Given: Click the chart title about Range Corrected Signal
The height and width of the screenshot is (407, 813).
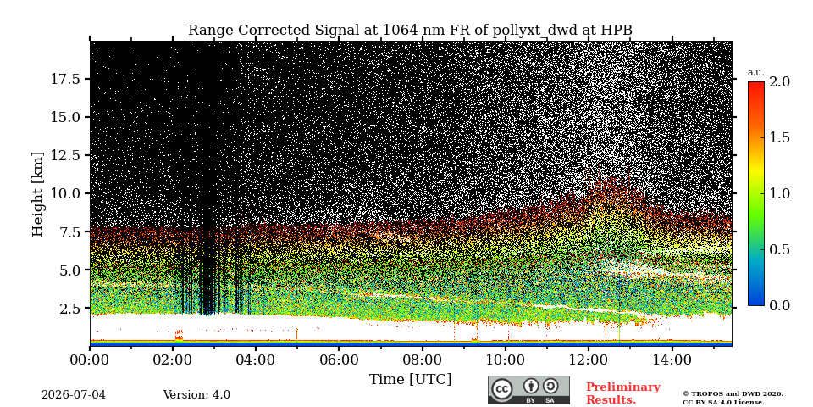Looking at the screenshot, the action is pyautogui.click(x=410, y=31).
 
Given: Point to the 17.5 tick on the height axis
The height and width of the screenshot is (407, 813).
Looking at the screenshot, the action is pyautogui.click(x=65, y=79).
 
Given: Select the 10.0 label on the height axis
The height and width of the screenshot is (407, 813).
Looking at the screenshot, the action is pyautogui.click(x=65, y=193).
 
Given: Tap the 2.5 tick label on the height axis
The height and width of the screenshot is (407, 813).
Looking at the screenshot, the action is pyautogui.click(x=69, y=309).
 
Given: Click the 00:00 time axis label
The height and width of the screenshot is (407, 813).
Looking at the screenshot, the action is pyautogui.click(x=90, y=360).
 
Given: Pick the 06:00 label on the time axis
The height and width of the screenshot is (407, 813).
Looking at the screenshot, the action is pyautogui.click(x=339, y=360).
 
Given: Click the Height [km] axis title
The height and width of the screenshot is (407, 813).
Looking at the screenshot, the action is pyautogui.click(x=38, y=194).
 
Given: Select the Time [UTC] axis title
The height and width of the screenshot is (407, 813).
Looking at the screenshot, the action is pyautogui.click(x=410, y=380).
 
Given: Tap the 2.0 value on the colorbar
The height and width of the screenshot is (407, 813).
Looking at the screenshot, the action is pyautogui.click(x=779, y=81).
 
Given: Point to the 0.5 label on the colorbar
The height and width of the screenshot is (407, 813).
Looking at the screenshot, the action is pyautogui.click(x=779, y=249).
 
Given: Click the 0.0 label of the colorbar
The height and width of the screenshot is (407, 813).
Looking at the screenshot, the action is pyautogui.click(x=779, y=306).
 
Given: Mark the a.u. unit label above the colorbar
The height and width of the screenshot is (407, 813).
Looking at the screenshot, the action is pyautogui.click(x=756, y=73).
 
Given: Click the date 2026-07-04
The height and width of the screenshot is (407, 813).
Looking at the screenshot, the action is pyautogui.click(x=74, y=395).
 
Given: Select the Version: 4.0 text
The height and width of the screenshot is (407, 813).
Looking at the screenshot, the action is pyautogui.click(x=196, y=395).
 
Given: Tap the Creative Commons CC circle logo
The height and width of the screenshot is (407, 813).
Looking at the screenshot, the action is pyautogui.click(x=502, y=390).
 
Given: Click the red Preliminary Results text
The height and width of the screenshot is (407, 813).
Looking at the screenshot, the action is pyautogui.click(x=623, y=393).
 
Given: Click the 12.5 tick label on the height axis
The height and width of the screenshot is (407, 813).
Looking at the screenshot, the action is pyautogui.click(x=65, y=155).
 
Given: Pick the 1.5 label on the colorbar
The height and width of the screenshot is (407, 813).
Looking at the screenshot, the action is pyautogui.click(x=779, y=137).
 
